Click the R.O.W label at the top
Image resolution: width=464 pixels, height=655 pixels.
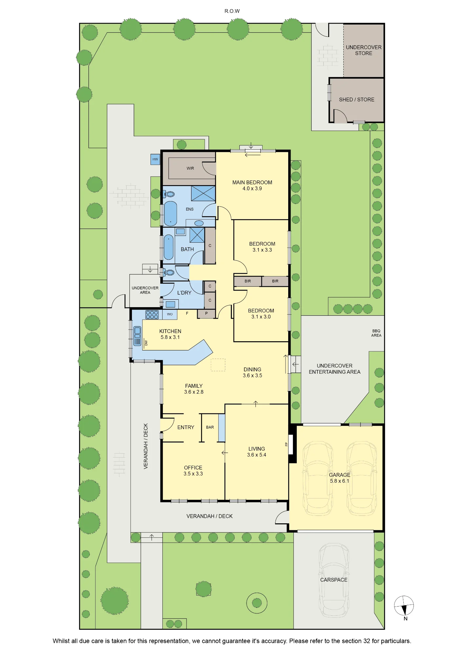232,11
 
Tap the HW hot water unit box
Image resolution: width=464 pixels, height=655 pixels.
155,159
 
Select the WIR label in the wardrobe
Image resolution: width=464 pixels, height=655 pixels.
190,168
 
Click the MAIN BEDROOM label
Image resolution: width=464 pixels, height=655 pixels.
252,182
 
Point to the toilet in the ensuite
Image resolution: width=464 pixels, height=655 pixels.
169,194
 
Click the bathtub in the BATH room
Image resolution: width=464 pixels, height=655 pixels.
169,247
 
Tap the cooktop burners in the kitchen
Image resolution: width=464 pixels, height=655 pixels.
152,315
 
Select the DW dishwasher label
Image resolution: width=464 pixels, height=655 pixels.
146,343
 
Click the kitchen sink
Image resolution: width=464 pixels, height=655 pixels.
137,336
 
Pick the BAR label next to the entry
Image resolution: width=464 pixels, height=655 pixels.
210,427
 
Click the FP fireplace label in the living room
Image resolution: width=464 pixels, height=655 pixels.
286,444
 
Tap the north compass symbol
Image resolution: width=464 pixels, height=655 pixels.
404,606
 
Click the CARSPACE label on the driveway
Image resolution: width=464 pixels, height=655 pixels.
334,580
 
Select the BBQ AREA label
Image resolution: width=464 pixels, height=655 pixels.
376,333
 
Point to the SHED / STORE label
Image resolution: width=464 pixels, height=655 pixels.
356,100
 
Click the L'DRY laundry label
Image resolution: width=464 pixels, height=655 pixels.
184,293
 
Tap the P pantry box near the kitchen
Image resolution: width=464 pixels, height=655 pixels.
206,314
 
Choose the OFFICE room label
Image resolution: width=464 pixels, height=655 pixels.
193,468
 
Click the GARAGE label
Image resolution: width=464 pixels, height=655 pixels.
340,475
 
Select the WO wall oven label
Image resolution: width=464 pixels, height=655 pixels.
170,314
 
